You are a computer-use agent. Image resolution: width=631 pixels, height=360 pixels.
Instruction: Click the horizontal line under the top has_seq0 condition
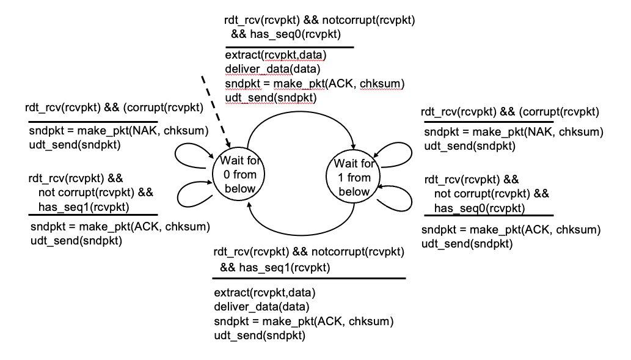[289, 46]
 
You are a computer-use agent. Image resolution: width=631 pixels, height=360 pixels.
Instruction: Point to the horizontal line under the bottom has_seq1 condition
[310, 279]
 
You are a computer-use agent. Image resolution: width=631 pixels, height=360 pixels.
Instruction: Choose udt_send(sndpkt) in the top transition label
[266, 97]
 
